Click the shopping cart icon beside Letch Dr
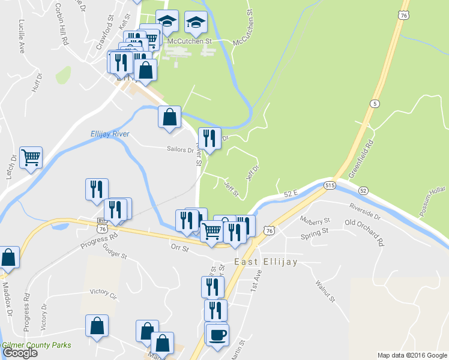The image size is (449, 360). pos(31,158)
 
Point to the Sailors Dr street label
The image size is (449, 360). pos(180,151)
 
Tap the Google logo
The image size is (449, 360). pos(20,352)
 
